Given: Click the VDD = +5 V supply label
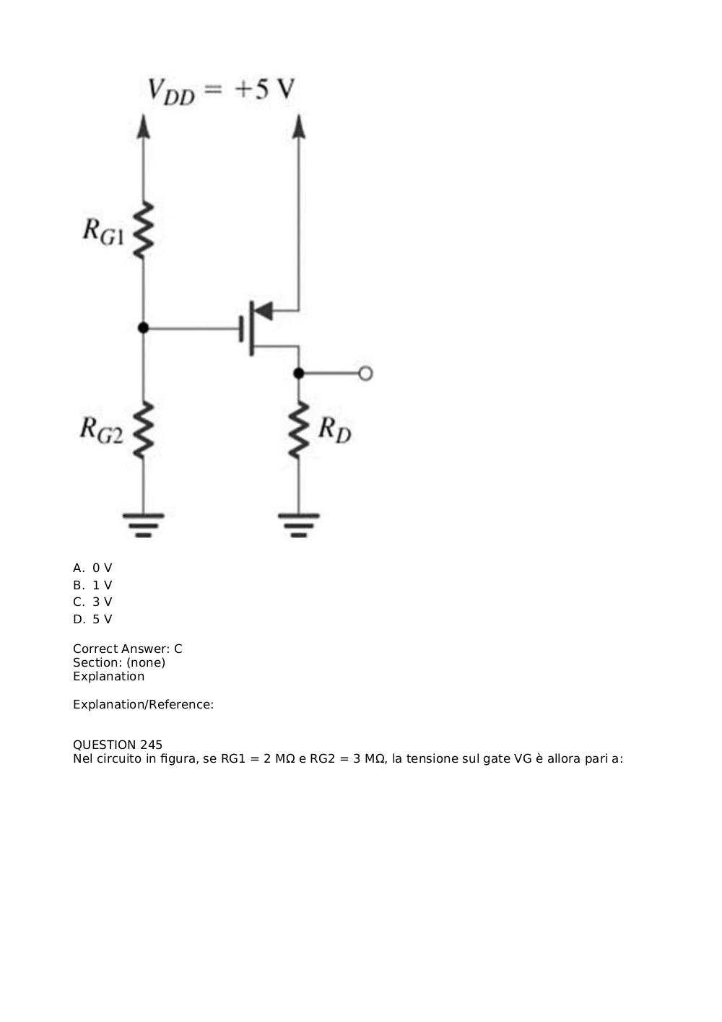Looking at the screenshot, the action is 221,91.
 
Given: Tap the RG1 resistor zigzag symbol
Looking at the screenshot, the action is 143,230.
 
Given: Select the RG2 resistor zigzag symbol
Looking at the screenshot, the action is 143,430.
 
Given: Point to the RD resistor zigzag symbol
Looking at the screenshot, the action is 299,430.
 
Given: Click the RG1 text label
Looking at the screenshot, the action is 103,232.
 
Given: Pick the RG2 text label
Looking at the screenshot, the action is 101,430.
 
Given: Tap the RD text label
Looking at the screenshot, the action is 335,430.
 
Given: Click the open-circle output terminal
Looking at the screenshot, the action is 365,373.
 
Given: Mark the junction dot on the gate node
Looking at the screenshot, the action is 143,328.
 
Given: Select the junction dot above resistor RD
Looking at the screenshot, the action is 299,373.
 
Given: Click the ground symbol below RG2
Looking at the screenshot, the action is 143,526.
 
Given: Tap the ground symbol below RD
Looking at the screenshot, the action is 299,526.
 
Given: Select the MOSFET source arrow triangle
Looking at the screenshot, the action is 264,311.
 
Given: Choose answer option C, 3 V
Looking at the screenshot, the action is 92,602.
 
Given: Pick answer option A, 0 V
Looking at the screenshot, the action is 92,568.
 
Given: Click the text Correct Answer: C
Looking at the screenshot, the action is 128,649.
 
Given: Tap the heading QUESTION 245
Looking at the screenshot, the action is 118,745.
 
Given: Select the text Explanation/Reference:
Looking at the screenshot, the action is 143,704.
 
